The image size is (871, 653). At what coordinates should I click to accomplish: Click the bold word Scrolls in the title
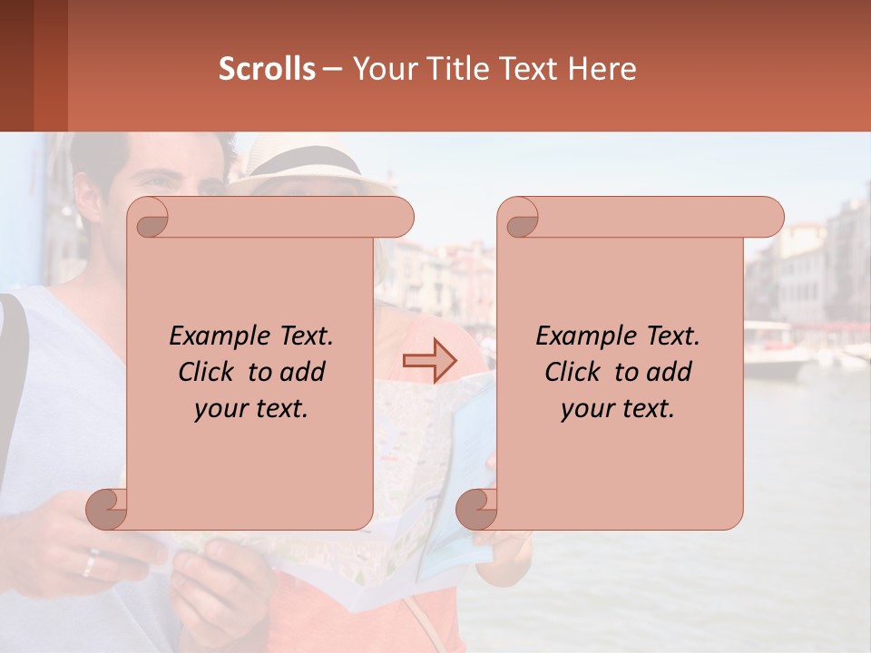point(267,69)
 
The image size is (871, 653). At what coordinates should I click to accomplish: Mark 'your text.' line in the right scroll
point(618,409)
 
